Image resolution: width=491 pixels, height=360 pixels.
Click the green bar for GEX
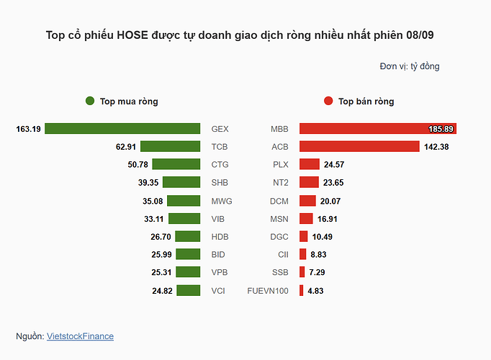(x=122, y=129)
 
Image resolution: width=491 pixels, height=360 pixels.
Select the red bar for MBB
(x=378, y=129)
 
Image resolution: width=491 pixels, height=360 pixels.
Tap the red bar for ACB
(x=359, y=147)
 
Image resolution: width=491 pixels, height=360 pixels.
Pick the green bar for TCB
(x=170, y=147)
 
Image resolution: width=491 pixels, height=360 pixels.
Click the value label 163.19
(x=28, y=129)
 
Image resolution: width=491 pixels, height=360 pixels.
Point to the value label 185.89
(x=441, y=129)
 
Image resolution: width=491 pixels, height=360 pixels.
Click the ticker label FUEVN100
(x=267, y=291)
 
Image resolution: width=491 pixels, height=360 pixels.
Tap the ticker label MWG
(x=222, y=201)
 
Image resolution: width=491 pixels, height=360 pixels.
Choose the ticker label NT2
(x=279, y=183)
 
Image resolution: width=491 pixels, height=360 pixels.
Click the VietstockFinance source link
(x=80, y=336)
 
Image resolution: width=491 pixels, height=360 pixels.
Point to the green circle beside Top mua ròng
(x=90, y=102)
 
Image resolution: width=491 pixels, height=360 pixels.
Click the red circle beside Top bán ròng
(x=328, y=102)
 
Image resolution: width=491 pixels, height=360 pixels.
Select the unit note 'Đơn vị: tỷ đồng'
(x=410, y=66)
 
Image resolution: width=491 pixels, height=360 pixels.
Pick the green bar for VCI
(x=188, y=291)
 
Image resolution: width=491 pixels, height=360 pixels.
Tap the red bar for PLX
(x=310, y=165)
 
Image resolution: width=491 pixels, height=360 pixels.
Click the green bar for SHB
(x=181, y=183)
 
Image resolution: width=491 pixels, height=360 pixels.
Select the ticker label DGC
(x=279, y=237)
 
